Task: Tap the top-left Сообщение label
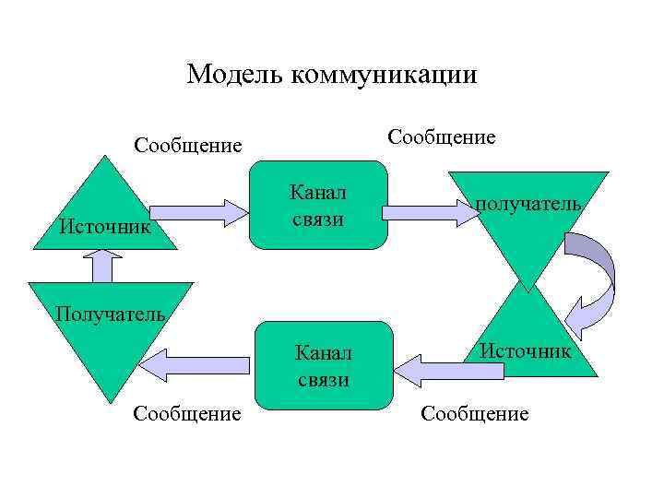click(187, 146)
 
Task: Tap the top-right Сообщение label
click(441, 137)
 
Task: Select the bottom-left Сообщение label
click(187, 414)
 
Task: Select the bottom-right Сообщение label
click(474, 414)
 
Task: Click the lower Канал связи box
click(322, 365)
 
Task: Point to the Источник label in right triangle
click(525, 350)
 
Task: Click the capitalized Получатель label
click(110, 313)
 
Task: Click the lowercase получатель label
click(528, 204)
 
